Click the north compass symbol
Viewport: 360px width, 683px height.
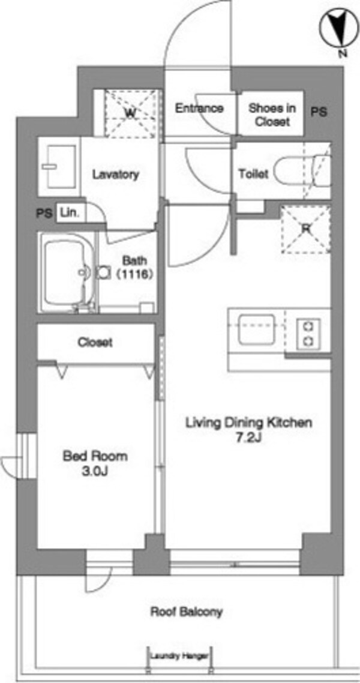(x=338, y=31)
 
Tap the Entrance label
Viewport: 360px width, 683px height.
(x=199, y=108)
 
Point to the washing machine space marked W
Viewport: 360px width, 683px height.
(x=130, y=113)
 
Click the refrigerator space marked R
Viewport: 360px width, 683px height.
(x=305, y=229)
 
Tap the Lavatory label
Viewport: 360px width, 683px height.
(x=116, y=175)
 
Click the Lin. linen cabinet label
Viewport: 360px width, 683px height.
(x=69, y=214)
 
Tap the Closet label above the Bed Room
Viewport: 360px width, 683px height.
(x=95, y=342)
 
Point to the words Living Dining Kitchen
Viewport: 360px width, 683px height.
(x=249, y=422)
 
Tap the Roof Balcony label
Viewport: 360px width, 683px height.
(x=187, y=612)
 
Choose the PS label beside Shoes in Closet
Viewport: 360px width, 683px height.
(x=319, y=112)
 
